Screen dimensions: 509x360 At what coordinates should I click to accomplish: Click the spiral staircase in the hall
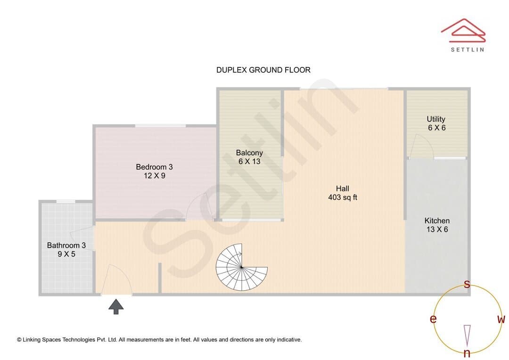pyautogui.click(x=241, y=267)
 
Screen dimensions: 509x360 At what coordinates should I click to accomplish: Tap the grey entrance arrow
pyautogui.click(x=116, y=307)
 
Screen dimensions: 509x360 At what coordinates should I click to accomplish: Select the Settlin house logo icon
pyautogui.click(x=463, y=31)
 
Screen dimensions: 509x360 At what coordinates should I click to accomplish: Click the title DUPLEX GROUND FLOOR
pyautogui.click(x=263, y=70)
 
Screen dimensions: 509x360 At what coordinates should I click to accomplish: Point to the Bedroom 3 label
pyautogui.click(x=154, y=171)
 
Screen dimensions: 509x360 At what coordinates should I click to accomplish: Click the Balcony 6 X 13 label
pyautogui.click(x=249, y=157)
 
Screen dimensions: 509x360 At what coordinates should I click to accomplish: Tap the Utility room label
pyautogui.click(x=436, y=123)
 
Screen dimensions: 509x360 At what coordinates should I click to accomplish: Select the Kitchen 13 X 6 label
pyautogui.click(x=437, y=225)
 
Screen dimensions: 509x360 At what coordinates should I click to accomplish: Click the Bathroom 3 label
pyautogui.click(x=66, y=250)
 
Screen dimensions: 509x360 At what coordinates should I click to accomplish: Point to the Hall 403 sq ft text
pyautogui.click(x=343, y=193)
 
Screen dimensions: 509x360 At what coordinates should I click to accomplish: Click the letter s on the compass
pyautogui.click(x=467, y=284)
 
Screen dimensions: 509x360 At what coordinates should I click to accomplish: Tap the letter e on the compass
pyautogui.click(x=433, y=319)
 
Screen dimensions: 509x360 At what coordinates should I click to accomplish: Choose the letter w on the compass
pyautogui.click(x=501, y=319)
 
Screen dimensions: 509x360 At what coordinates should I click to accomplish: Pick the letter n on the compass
pyautogui.click(x=467, y=352)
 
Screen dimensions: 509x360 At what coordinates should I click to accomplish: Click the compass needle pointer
pyautogui.click(x=467, y=335)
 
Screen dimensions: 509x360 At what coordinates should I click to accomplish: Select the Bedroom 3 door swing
pyautogui.click(x=199, y=207)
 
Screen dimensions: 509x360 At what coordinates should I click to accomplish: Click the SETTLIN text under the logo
pyautogui.click(x=468, y=49)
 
